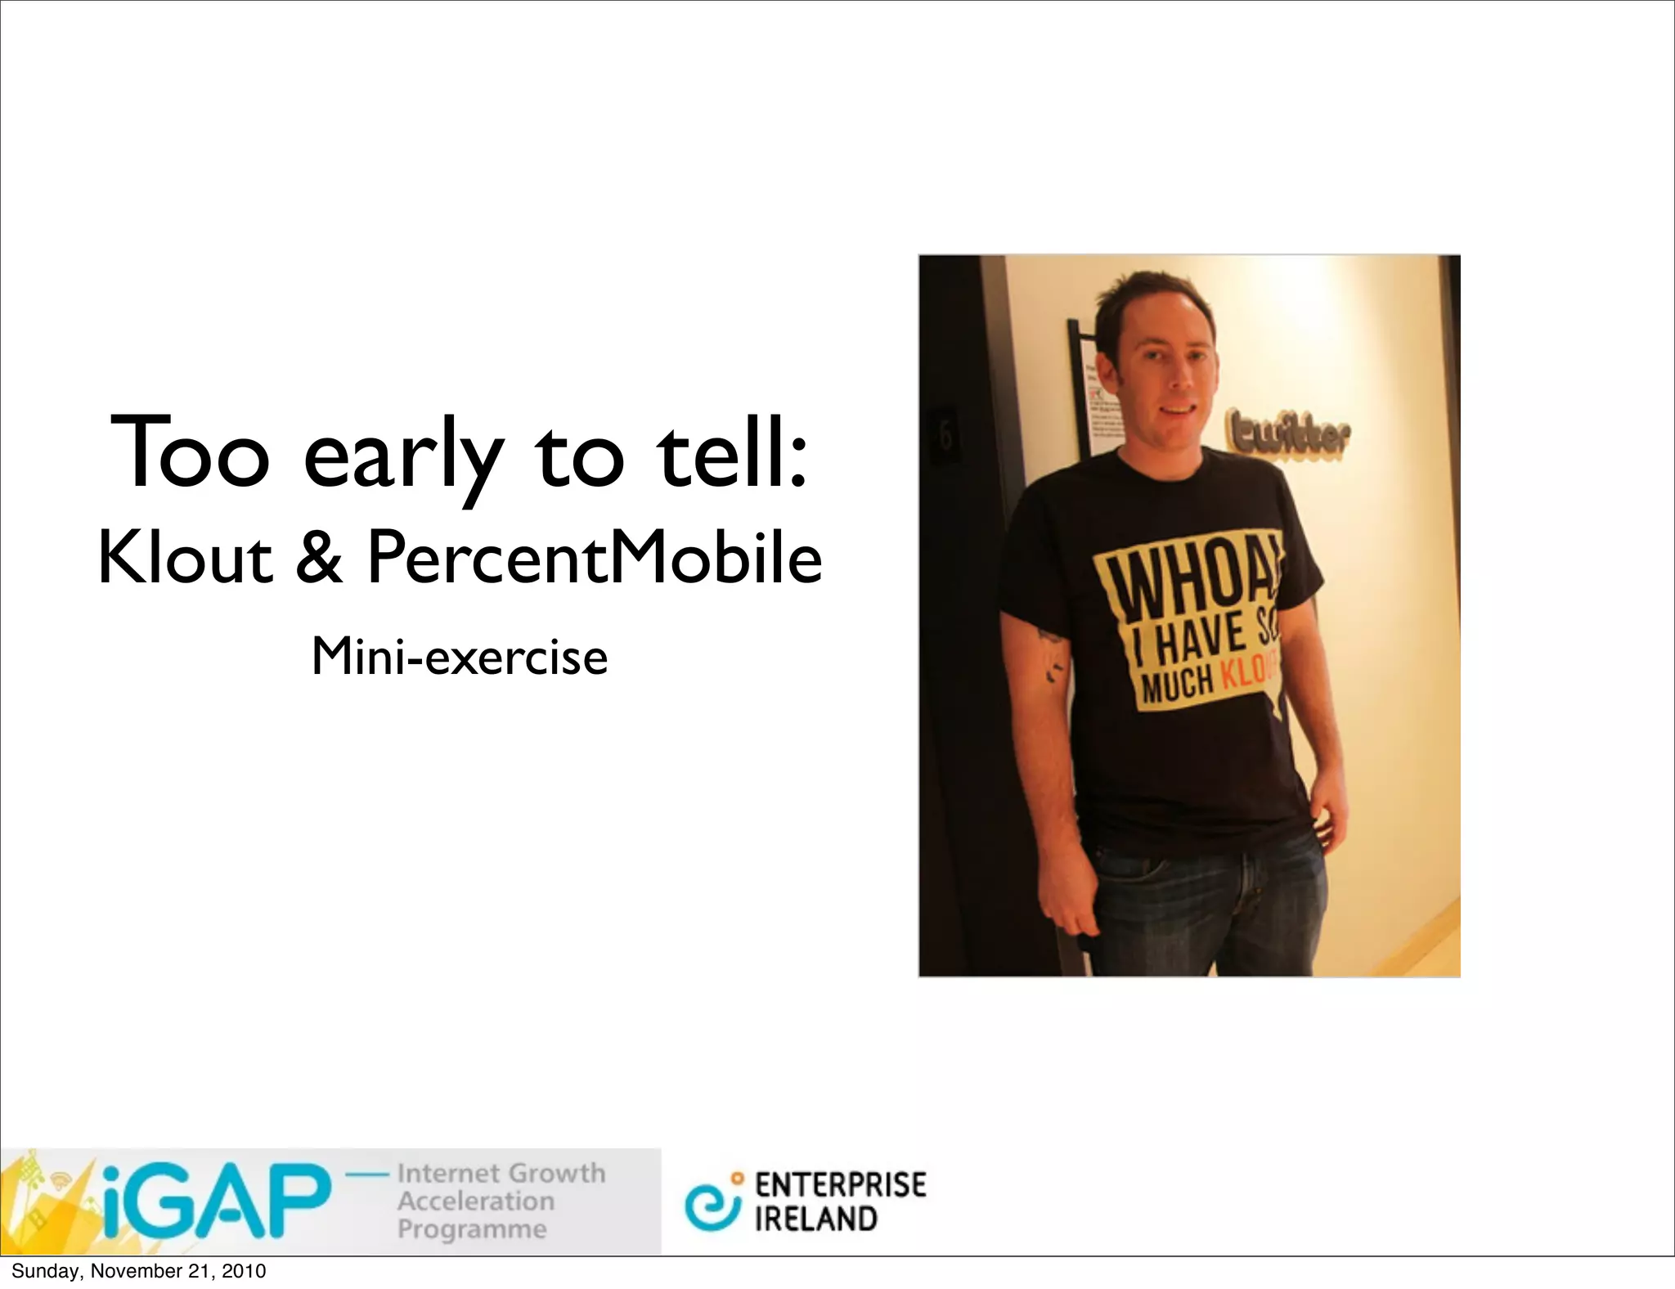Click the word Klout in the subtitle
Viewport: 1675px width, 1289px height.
click(185, 558)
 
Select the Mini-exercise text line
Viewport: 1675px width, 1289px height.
click(460, 657)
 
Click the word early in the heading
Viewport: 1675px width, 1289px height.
click(402, 455)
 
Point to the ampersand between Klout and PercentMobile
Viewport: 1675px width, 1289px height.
click(319, 558)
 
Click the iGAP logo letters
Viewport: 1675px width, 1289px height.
click(217, 1201)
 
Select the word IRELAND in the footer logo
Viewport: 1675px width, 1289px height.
click(815, 1219)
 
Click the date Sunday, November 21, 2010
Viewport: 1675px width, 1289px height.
click(138, 1271)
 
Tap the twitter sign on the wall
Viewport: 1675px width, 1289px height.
click(1287, 436)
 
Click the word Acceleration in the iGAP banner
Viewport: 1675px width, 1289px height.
click(476, 1201)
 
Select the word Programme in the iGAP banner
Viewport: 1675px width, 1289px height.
click(472, 1229)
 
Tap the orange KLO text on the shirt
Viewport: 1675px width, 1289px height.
click(1248, 672)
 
